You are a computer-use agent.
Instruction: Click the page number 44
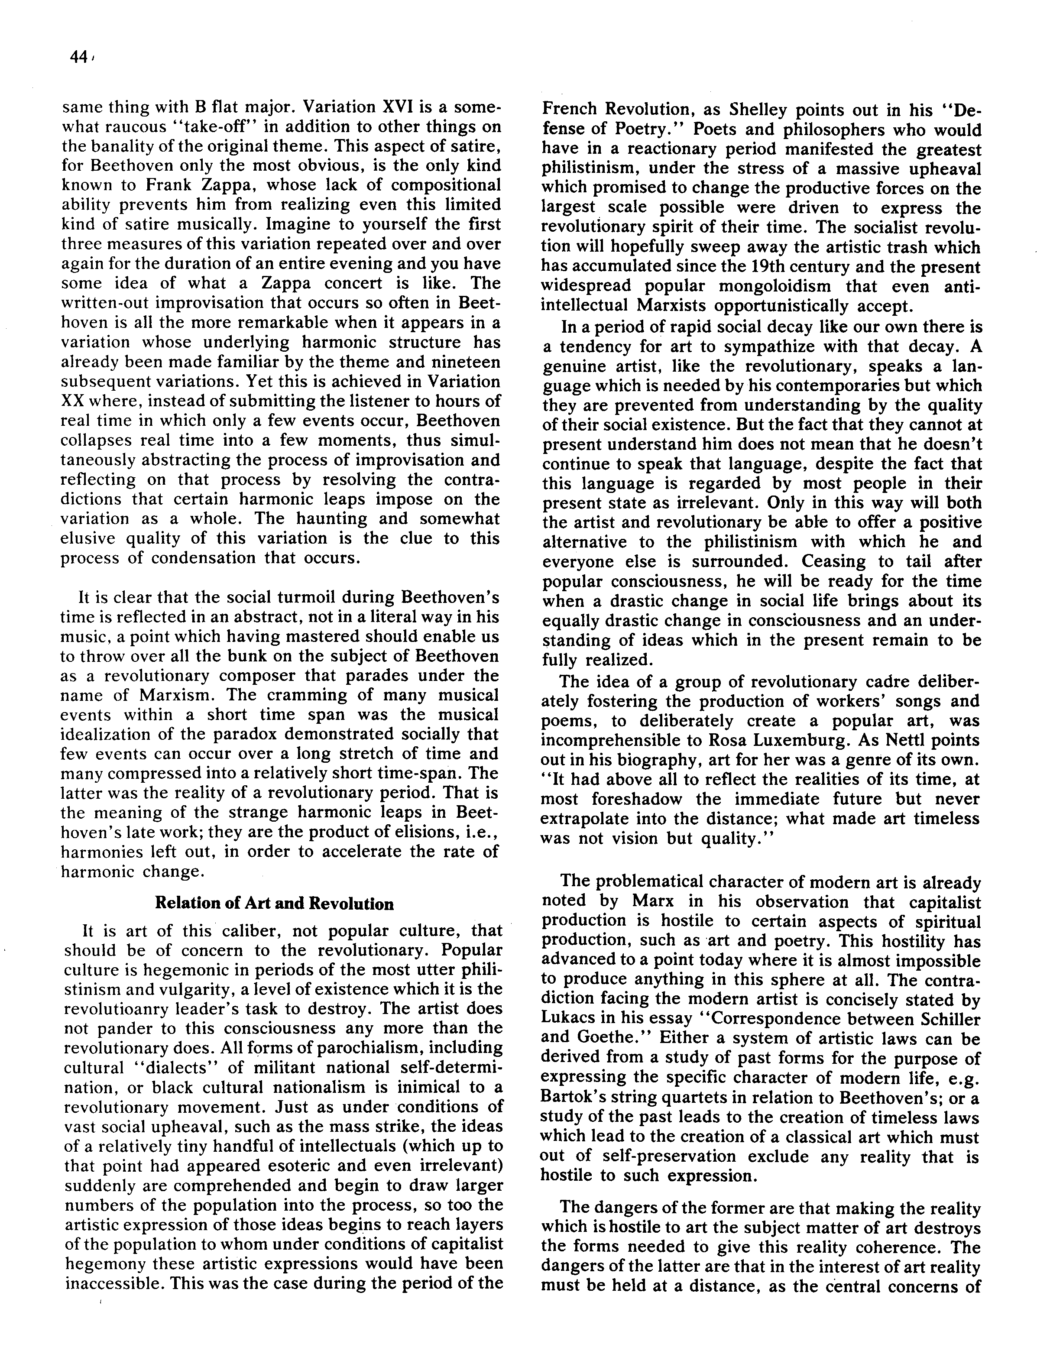(x=78, y=58)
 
